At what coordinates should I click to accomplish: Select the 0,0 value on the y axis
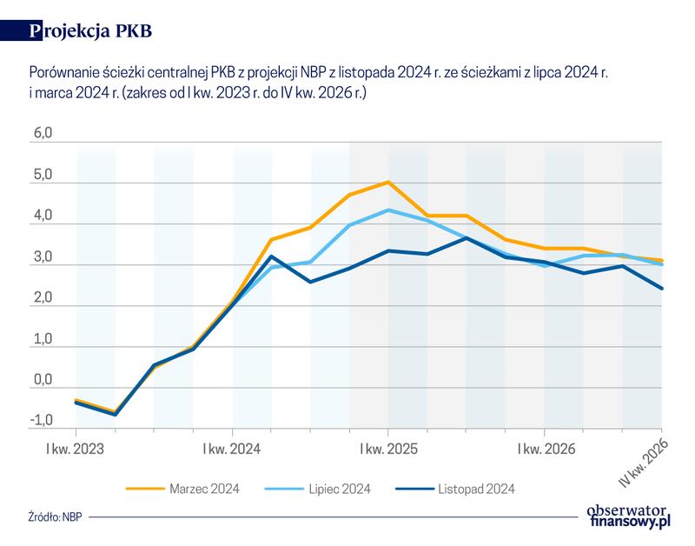[x=43, y=380]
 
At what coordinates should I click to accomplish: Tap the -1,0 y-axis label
[x=42, y=421]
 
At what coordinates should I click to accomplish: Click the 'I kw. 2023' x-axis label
[x=76, y=449]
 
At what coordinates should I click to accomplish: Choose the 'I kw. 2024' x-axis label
[x=232, y=449]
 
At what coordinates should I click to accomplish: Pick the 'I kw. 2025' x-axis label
[x=387, y=449]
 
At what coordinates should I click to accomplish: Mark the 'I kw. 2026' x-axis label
[x=544, y=449]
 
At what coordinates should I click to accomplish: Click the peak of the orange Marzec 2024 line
[x=387, y=182]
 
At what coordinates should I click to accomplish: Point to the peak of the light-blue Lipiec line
[x=388, y=210]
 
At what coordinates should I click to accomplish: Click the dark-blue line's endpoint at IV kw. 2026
[x=662, y=289]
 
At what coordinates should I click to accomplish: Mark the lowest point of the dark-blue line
[x=115, y=415]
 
